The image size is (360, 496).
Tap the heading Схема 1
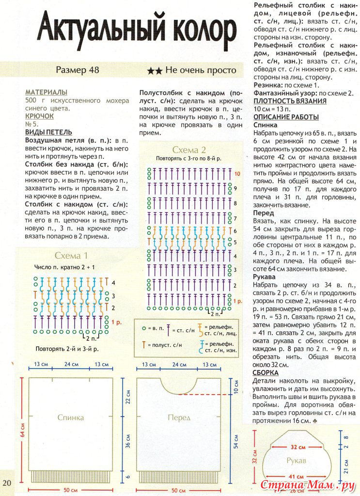[71, 256]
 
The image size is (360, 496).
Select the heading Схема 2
[189, 150]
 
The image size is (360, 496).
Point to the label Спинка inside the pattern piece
[71, 417]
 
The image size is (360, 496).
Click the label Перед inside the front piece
[179, 417]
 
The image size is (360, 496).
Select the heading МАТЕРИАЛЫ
[47, 92]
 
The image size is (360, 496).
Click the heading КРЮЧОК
[39, 116]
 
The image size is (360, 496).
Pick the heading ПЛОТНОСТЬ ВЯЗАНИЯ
[290, 101]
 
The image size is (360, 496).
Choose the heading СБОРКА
[266, 372]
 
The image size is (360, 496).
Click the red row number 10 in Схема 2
[237, 173]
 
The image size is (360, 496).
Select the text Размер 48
[78, 70]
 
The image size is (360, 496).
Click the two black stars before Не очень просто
[155, 71]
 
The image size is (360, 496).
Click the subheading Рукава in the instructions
[265, 277]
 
